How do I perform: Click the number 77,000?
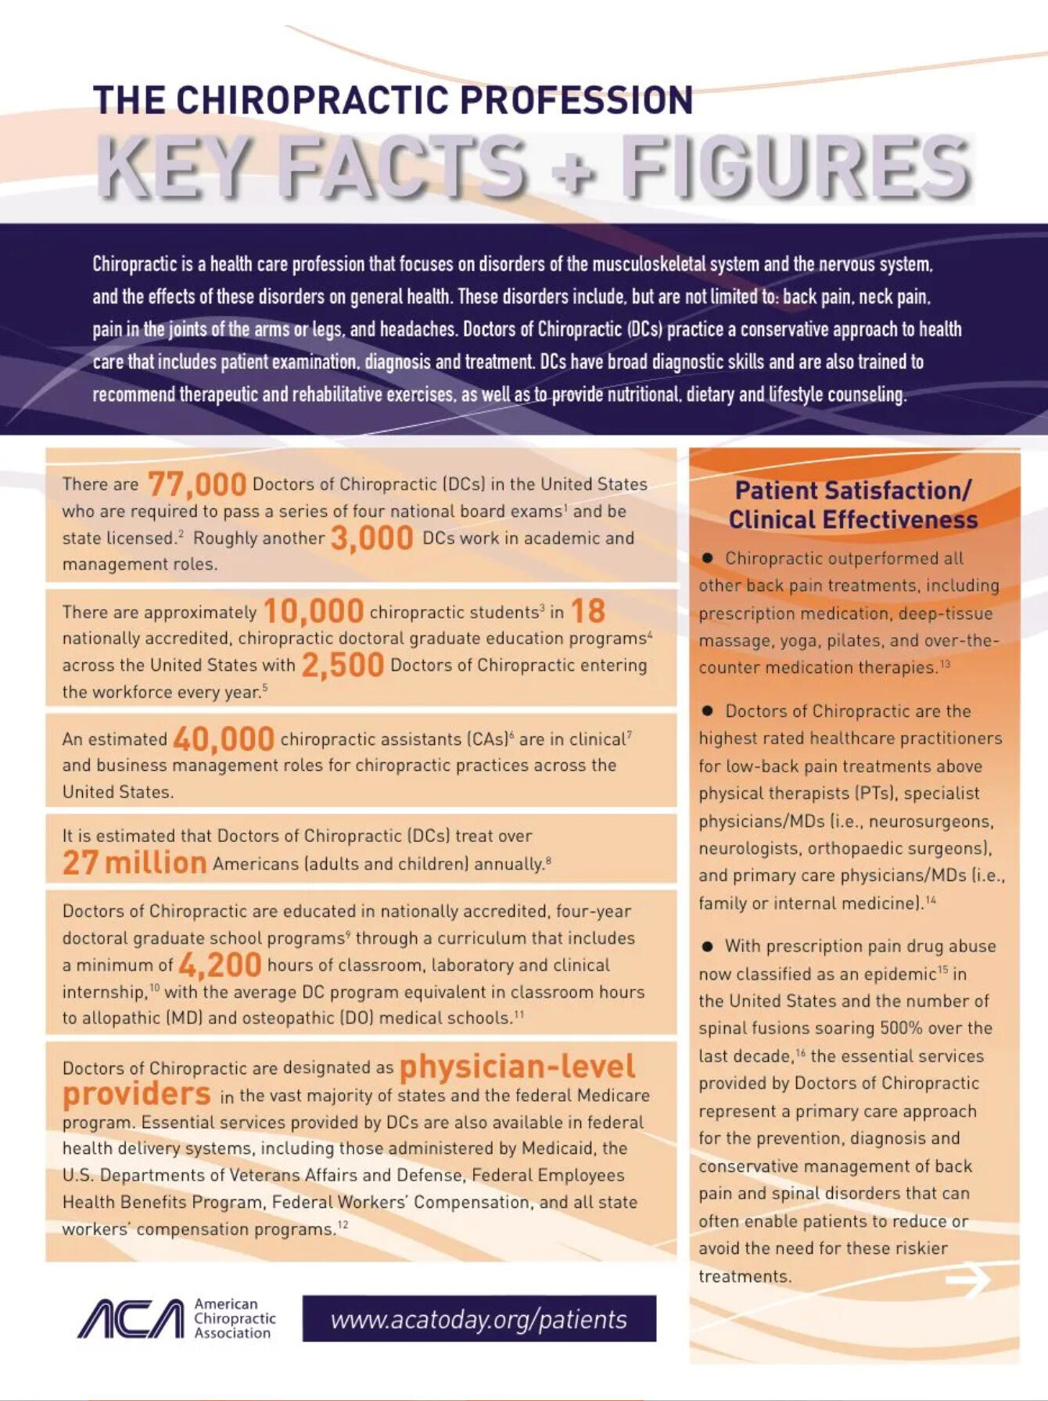click(x=196, y=485)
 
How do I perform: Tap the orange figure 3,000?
click(x=371, y=538)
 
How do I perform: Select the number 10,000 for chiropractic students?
click(x=313, y=611)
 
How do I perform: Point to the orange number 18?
click(x=587, y=611)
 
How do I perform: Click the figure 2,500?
click(x=343, y=665)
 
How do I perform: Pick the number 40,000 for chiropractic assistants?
click(x=223, y=739)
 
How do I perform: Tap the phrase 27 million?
click(x=135, y=863)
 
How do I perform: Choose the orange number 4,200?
click(x=220, y=965)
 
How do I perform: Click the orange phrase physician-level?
click(x=517, y=1066)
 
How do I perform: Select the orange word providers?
click(x=137, y=1094)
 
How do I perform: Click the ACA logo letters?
click(x=131, y=1319)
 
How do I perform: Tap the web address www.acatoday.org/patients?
click(x=479, y=1320)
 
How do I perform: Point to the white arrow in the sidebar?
click(x=967, y=1280)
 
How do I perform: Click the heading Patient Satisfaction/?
click(x=852, y=490)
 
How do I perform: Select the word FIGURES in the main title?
click(x=795, y=167)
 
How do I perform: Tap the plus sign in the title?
click(x=573, y=172)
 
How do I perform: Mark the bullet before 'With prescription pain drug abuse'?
click(x=708, y=946)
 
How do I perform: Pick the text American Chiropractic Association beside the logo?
click(x=235, y=1319)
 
